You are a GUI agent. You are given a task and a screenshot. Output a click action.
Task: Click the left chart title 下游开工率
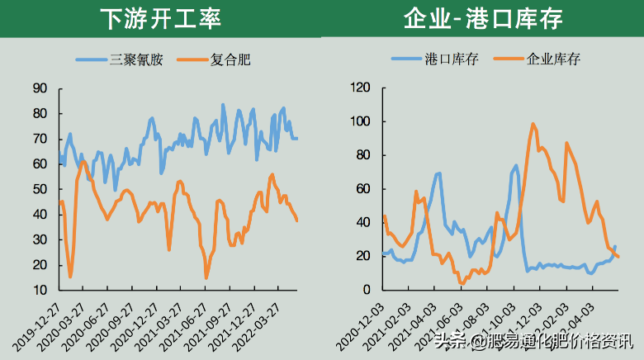(160, 18)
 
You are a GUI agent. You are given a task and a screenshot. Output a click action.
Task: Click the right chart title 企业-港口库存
(484, 18)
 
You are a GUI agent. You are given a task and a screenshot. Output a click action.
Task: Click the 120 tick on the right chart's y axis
(361, 88)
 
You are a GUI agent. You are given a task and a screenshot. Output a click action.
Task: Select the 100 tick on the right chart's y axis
(361, 122)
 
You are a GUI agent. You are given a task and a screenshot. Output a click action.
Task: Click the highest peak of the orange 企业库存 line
(533, 124)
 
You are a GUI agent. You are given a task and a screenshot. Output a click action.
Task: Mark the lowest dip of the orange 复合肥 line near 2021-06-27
(206, 278)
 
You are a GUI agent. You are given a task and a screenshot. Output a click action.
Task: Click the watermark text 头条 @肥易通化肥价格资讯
(533, 340)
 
